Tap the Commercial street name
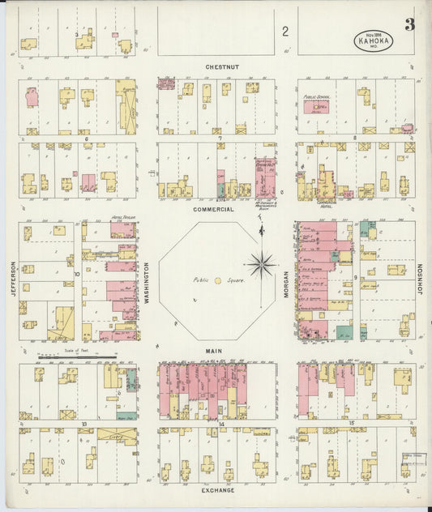pos(214,209)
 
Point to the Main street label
pos(216,351)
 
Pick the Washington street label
pos(148,281)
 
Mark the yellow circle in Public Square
pos(217,280)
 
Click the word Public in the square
pos(200,280)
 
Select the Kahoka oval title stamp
pos(373,41)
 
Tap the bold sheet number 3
pos(409,25)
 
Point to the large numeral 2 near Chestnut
pos(285,32)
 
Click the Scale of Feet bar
pos(82,355)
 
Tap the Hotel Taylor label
pos(122,219)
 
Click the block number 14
pos(220,423)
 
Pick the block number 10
pos(78,274)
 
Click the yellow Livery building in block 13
pos(118,435)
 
